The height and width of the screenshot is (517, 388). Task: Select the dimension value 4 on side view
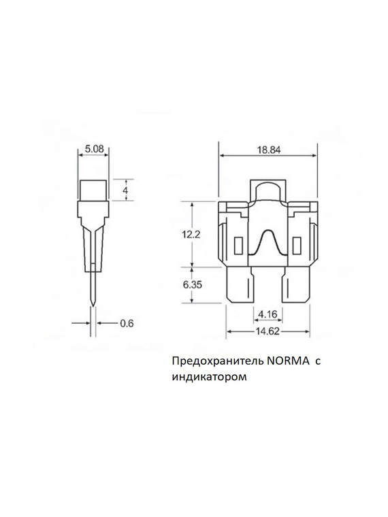125,190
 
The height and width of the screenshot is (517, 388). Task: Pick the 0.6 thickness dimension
126,323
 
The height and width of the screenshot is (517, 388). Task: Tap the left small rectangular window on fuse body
237,244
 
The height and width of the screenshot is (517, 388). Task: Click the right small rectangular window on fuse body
296,244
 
